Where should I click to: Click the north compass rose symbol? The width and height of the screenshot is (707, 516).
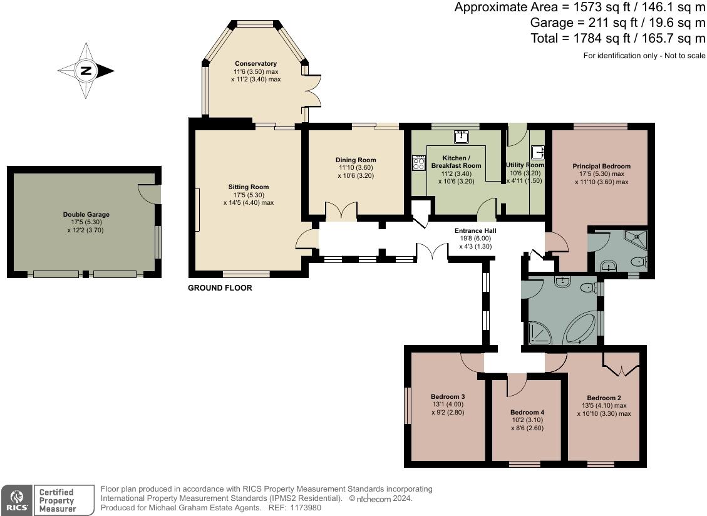(86, 71)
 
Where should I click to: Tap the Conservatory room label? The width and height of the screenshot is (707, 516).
(255, 64)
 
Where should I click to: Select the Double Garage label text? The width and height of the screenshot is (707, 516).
(86, 215)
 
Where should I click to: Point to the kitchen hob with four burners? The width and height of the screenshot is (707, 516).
(418, 163)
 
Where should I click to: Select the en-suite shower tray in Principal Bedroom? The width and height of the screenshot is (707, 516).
(636, 237)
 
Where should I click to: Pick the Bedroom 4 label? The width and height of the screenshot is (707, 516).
(527, 413)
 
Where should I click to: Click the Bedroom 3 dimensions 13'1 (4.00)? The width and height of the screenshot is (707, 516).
(448, 405)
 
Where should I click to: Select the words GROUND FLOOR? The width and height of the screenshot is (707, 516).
(220, 289)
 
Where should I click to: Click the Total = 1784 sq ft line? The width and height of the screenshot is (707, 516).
(617, 39)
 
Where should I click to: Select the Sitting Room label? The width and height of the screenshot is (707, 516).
(248, 187)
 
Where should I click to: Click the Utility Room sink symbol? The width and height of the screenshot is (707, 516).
(537, 152)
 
